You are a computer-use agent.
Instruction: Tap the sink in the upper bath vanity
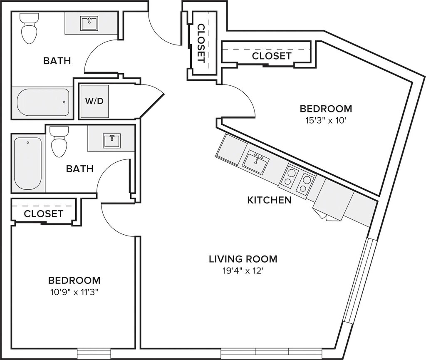89,24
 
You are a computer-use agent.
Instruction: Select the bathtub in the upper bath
43,102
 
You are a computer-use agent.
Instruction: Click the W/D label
94,101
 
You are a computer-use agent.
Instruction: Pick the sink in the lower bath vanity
111,141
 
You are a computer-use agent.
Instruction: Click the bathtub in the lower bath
28,164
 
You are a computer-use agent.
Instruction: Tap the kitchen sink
256,162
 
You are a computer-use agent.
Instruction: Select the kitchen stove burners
297,179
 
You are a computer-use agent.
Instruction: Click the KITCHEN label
269,200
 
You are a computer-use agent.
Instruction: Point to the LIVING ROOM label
243,259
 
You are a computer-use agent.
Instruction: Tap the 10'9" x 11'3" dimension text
74,292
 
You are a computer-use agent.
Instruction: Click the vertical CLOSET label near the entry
201,43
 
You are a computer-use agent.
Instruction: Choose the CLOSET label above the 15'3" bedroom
272,56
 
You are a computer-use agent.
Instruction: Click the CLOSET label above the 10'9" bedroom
43,214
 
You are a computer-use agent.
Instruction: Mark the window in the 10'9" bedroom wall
94,353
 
